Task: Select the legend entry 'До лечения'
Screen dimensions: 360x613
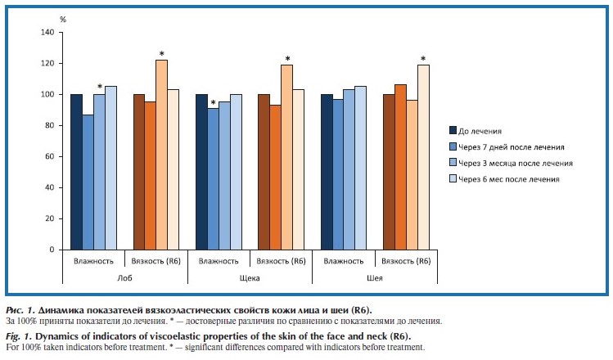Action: (480, 130)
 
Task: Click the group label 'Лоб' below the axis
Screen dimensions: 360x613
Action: (125, 279)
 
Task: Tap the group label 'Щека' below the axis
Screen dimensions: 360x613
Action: (250, 279)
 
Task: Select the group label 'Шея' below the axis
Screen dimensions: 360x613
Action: (376, 279)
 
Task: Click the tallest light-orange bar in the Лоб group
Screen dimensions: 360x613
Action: (161, 155)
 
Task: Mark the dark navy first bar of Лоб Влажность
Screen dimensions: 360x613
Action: (76, 172)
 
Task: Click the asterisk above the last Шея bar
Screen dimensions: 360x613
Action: (423, 58)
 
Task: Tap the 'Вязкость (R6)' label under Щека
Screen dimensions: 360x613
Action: (282, 261)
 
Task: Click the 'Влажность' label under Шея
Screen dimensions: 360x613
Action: (345, 261)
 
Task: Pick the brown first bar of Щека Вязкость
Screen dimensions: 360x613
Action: (264, 172)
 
